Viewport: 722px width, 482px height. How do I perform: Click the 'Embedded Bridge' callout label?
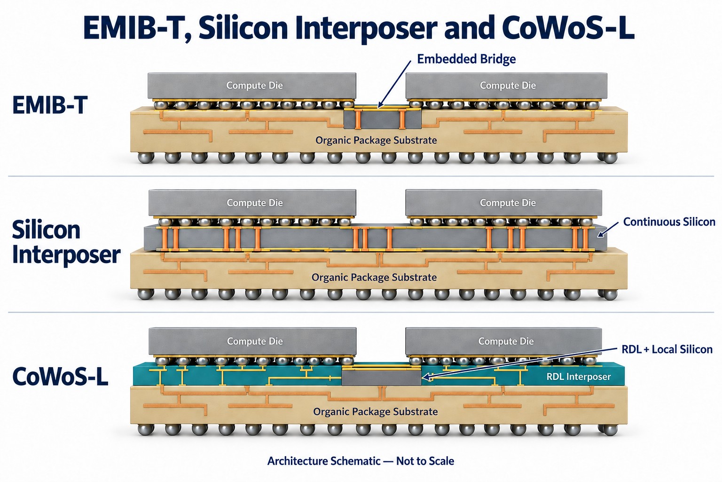466,59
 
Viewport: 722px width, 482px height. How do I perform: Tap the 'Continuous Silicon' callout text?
669,222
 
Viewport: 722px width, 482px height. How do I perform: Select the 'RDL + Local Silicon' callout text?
667,349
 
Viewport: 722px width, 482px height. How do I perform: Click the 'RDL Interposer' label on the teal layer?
579,377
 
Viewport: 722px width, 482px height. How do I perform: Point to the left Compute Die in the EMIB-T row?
252,86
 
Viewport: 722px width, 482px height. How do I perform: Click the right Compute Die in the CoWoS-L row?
503,341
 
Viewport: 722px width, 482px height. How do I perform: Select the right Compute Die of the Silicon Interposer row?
503,203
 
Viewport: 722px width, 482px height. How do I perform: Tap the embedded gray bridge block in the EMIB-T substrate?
382,119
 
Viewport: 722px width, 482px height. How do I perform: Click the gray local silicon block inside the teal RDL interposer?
381,378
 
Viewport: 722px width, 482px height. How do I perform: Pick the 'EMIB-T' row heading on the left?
50,105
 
